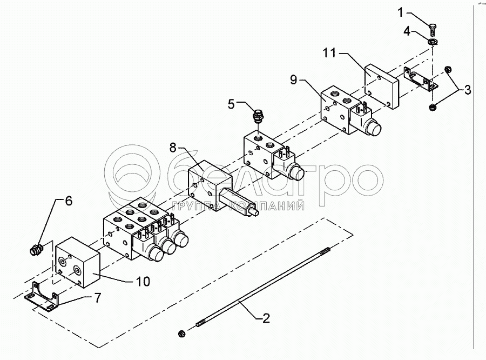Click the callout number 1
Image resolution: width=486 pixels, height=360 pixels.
(401, 13)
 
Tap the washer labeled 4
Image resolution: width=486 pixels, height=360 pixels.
(433, 41)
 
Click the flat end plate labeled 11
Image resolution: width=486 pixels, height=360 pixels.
(381, 86)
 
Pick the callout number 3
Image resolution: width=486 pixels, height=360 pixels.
(468, 90)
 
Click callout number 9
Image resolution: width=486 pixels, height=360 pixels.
(293, 80)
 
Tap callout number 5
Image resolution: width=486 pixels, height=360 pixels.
(232, 104)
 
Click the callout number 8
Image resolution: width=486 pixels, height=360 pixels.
(173, 148)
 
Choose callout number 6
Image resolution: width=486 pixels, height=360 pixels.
(69, 201)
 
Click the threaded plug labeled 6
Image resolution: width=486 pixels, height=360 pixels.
(37, 249)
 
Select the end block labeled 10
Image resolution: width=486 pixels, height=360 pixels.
(77, 263)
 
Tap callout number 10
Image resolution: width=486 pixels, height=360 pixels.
(143, 282)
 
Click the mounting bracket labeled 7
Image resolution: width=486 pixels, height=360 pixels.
(42, 296)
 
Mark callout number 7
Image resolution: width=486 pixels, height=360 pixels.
(97, 298)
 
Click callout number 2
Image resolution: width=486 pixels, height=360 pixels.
(266, 318)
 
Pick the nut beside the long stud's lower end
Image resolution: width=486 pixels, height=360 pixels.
(181, 334)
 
